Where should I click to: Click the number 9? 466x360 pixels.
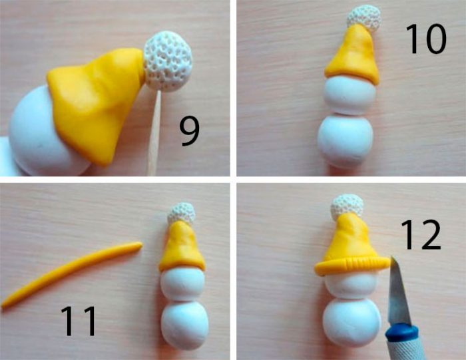coord(190,131)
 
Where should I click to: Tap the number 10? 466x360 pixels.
coord(425,39)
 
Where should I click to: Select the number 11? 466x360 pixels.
coord(79,321)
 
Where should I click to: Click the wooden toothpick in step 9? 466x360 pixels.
coord(154,134)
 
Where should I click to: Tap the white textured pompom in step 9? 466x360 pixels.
coord(168,61)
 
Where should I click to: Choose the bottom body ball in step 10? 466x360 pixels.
coord(345,141)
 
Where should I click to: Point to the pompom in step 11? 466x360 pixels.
coord(181,214)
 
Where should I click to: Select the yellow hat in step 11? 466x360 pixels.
coord(182,247)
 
